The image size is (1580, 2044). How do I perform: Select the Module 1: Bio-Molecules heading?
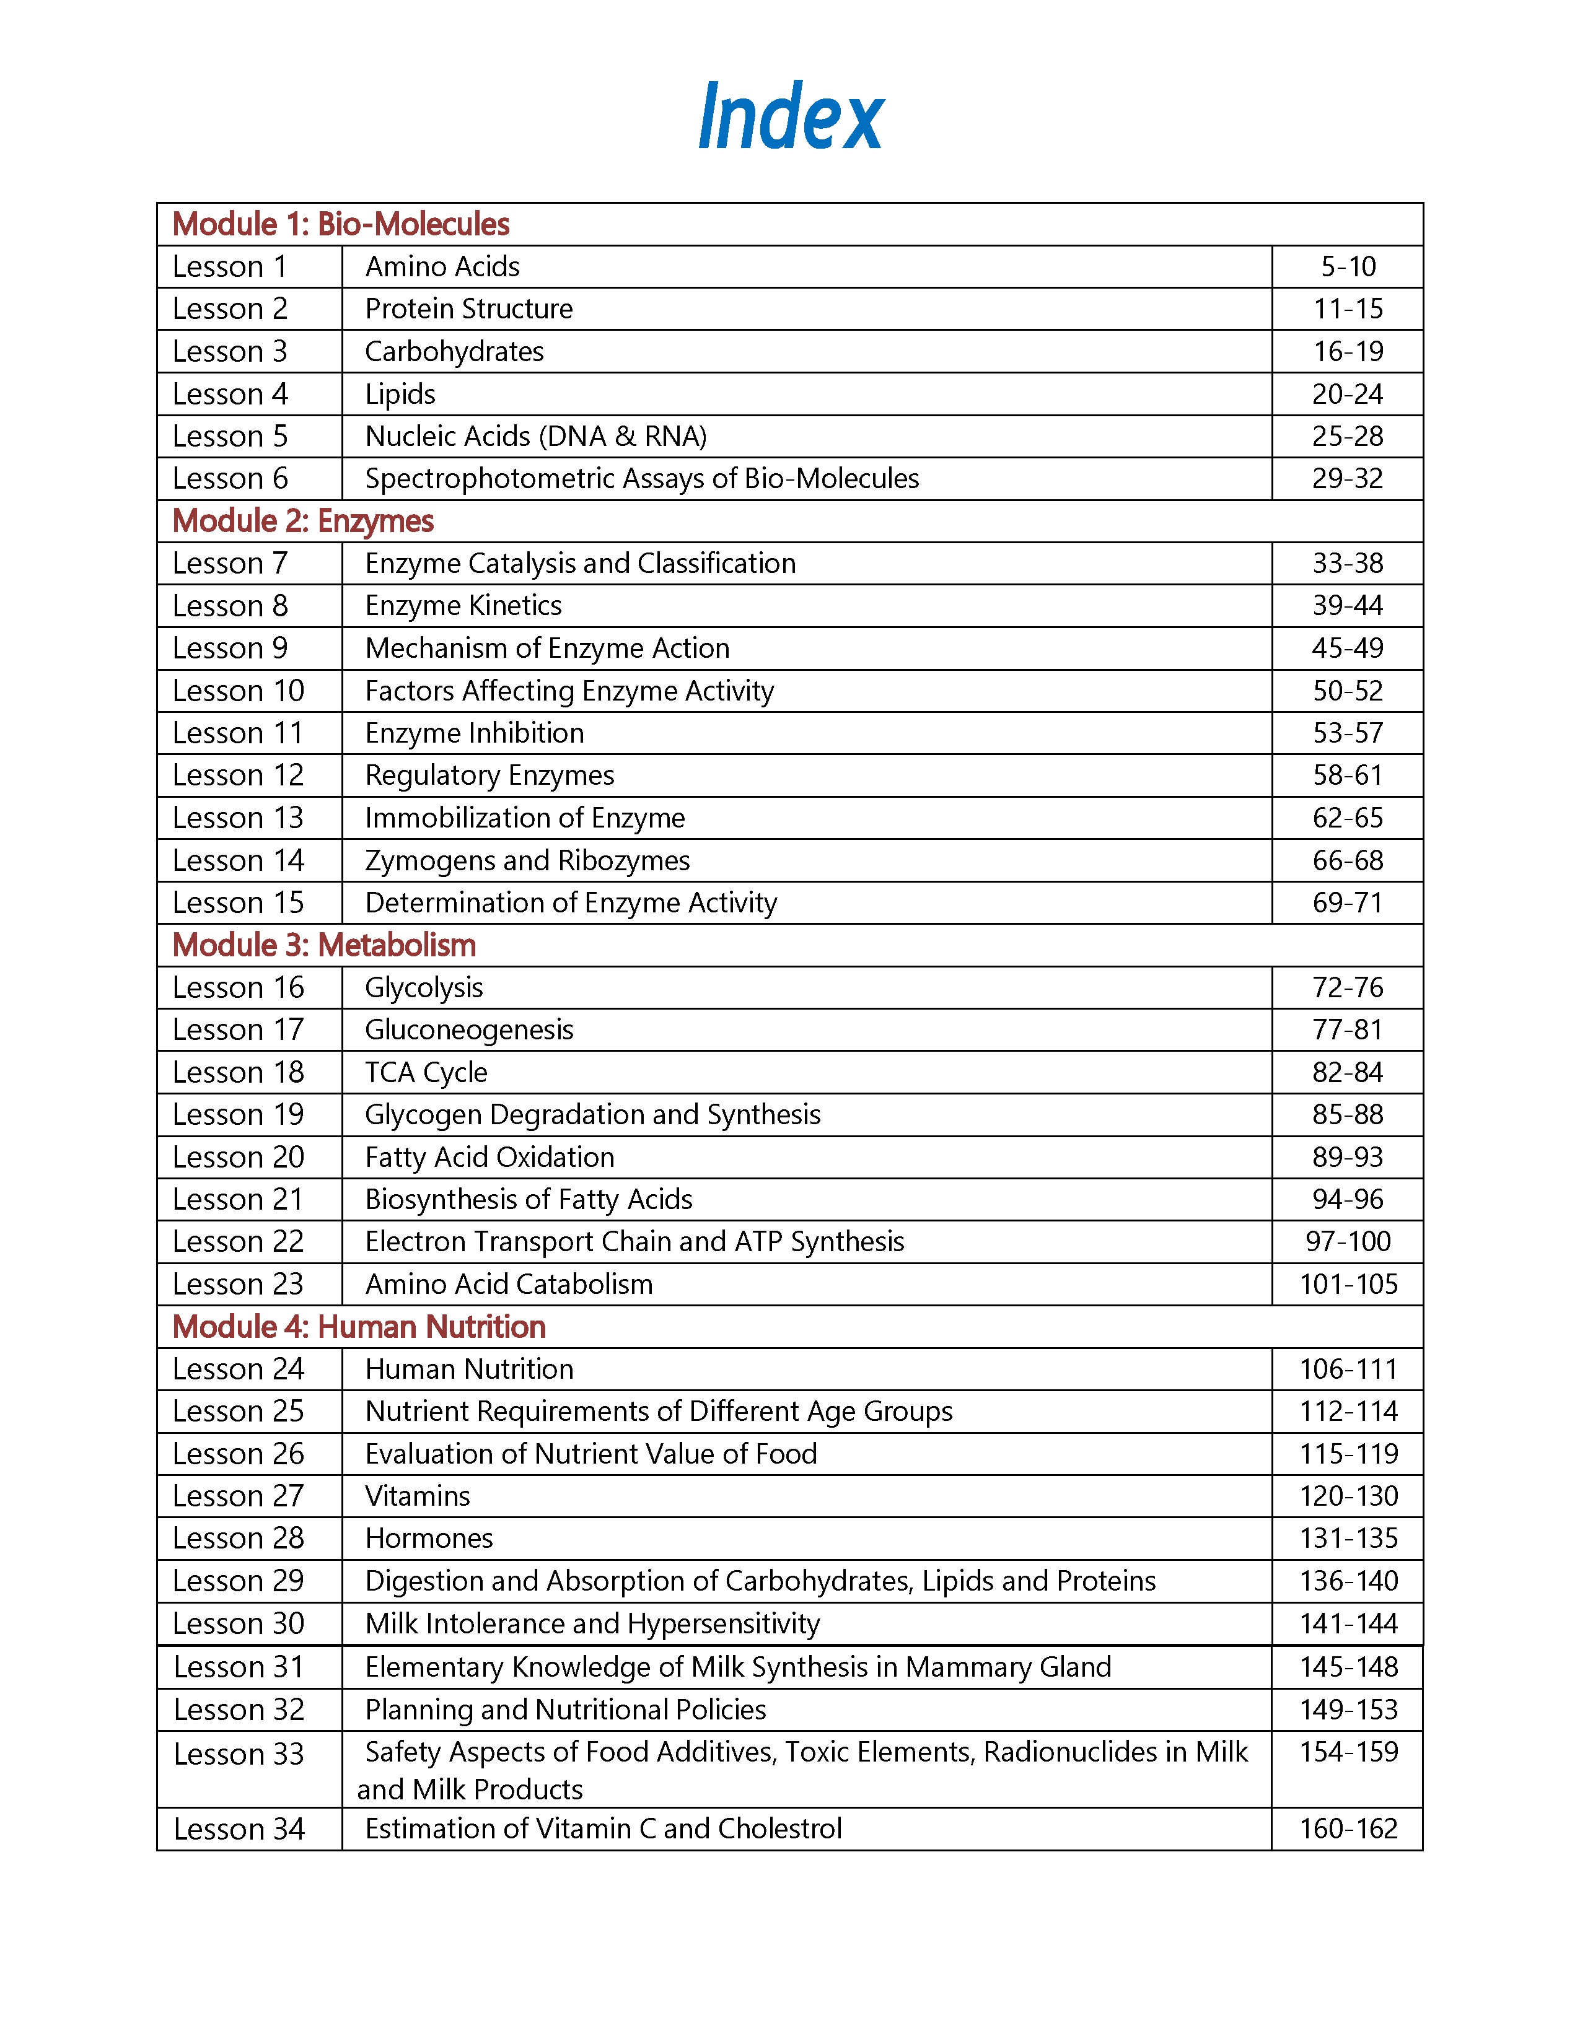(341, 225)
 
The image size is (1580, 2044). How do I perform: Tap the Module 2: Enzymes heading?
(302, 522)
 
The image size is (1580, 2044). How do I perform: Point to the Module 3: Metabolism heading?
(324, 945)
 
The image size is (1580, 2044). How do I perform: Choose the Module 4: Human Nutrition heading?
(359, 1327)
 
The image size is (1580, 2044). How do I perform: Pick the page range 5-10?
(1347, 267)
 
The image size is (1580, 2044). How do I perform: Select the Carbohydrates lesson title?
(454, 352)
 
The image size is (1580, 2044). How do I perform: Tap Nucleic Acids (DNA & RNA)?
(535, 436)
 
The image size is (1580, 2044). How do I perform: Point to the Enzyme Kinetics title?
(463, 606)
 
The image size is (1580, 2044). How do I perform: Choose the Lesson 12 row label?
(238, 776)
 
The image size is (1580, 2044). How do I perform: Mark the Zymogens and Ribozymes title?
(527, 860)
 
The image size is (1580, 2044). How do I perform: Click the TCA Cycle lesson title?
(426, 1073)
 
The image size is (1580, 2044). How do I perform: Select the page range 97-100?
(1347, 1242)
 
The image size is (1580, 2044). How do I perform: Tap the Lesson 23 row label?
(238, 1284)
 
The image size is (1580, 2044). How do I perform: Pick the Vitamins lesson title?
(418, 1496)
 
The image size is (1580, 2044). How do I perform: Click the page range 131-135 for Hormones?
(1347, 1539)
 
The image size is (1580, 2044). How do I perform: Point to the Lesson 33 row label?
(238, 1754)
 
